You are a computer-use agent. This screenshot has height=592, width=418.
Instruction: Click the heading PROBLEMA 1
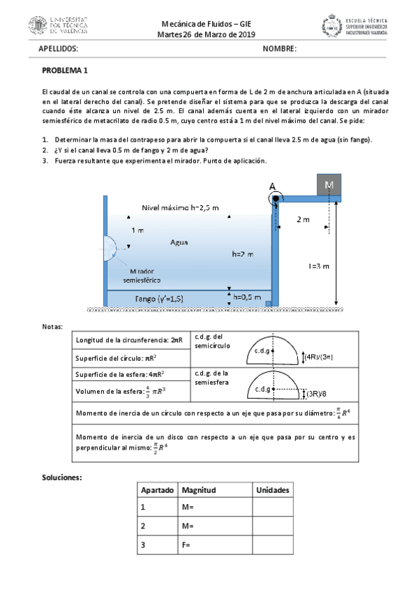click(65, 71)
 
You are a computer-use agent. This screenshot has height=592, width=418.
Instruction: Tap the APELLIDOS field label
click(58, 49)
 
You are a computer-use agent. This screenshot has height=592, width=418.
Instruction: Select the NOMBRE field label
click(280, 49)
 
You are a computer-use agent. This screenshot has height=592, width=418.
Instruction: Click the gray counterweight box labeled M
click(328, 185)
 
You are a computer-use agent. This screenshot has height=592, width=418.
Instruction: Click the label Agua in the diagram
click(179, 242)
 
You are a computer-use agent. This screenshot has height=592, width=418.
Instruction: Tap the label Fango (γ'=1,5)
click(159, 299)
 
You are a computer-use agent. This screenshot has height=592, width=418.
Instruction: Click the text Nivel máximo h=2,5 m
click(180, 207)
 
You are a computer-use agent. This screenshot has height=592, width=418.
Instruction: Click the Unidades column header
click(272, 490)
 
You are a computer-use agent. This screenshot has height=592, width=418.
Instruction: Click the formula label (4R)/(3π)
click(318, 357)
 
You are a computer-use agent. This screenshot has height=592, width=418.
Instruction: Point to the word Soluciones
click(62, 478)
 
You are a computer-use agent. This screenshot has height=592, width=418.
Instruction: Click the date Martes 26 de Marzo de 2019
click(207, 35)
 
